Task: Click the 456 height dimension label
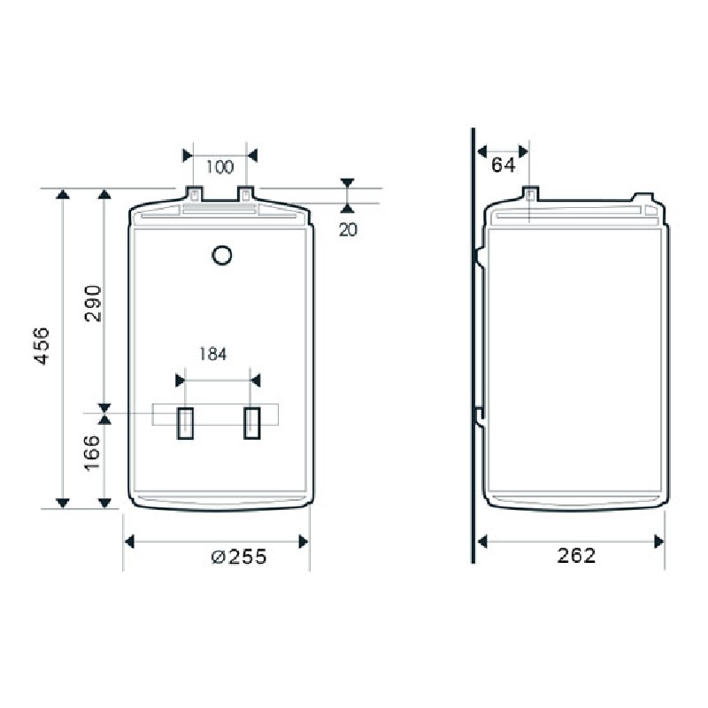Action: (42, 346)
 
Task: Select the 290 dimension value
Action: (93, 303)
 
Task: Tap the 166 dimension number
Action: (92, 452)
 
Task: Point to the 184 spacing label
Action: (212, 354)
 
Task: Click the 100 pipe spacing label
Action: (219, 167)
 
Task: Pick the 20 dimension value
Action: (348, 230)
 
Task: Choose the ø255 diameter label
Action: (239, 557)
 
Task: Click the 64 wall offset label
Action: (503, 165)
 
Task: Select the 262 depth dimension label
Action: (576, 556)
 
